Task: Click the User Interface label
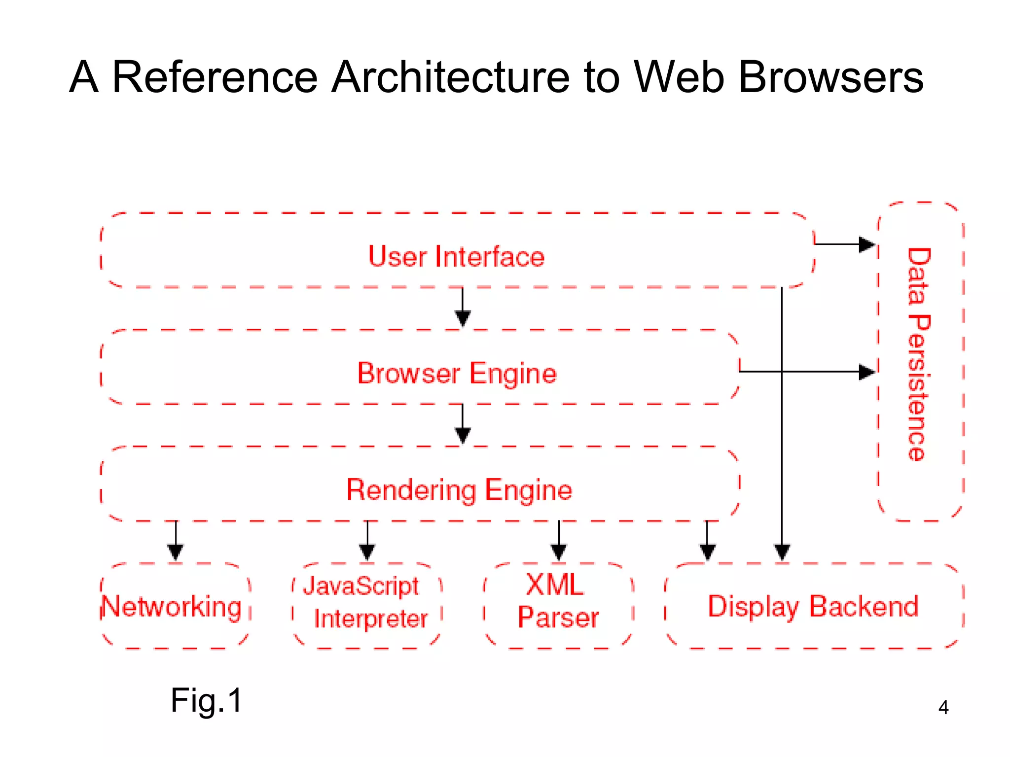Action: pos(456,257)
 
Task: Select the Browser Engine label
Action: pos(457,374)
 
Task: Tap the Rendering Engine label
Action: pos(459,490)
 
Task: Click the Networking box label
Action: pos(172,607)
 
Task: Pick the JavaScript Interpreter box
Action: pos(366,603)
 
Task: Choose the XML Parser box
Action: pos(558,601)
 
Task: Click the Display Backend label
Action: pos(813,607)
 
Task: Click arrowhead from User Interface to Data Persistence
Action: pos(866,244)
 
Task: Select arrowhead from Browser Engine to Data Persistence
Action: pos(866,372)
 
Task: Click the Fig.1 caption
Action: pos(206,700)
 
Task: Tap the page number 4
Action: pos(943,708)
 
